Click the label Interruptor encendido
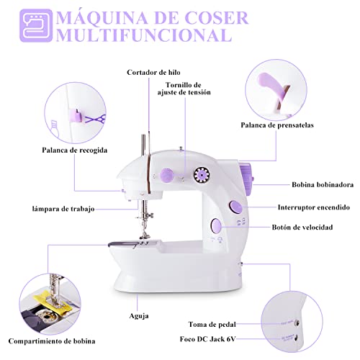pos(316,207)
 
